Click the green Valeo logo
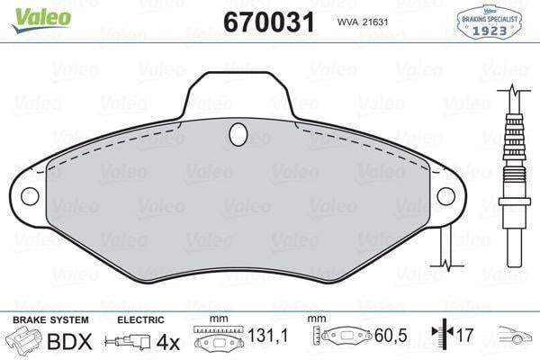point(41,20)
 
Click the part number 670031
point(269,22)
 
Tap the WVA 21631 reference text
point(363,22)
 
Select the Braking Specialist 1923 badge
point(489,22)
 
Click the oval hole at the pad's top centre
point(238,134)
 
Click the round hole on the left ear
point(30,196)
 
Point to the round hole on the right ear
point(446,196)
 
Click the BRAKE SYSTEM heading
point(50,320)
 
